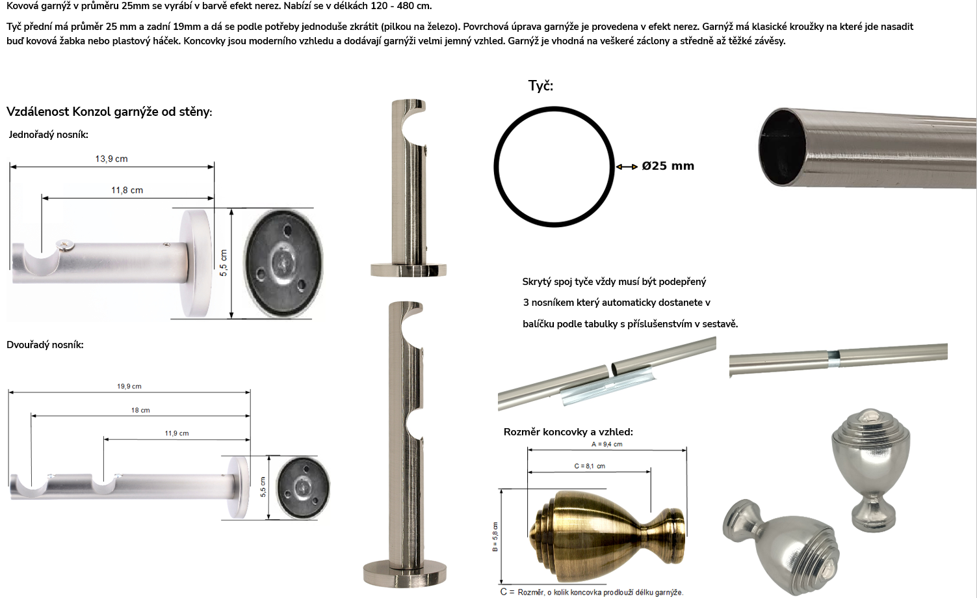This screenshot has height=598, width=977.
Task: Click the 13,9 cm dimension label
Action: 111,159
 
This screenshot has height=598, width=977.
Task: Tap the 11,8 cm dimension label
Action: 127,190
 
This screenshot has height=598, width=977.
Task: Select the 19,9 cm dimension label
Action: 129,387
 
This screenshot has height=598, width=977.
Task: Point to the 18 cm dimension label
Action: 140,411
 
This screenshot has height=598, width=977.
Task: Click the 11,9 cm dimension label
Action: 177,433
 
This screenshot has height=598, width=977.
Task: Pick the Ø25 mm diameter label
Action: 668,166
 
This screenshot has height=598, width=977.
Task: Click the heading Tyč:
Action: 540,85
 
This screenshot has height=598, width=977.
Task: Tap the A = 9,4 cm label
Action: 606,444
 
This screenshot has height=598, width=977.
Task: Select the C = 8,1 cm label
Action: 590,466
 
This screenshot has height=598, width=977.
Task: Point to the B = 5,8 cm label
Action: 495,536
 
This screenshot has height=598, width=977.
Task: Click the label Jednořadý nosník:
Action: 48,135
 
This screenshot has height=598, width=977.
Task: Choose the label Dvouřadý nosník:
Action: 45,345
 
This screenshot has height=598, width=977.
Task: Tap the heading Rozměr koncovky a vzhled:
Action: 568,432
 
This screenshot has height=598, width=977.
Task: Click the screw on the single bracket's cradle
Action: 66,245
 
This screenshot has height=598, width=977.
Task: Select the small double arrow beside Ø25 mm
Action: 627,167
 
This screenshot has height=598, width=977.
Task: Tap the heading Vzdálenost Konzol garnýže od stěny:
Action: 109,112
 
